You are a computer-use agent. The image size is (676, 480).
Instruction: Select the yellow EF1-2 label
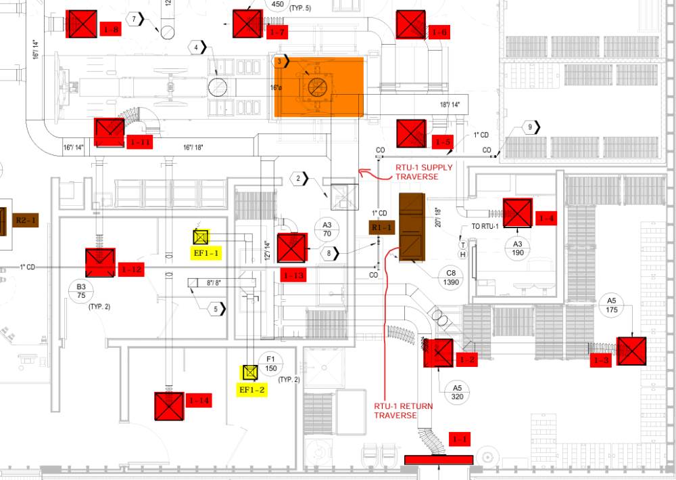tap(251, 389)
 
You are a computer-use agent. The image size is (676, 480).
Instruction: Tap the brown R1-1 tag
tap(380, 228)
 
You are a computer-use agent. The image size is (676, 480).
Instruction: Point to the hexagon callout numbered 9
tap(531, 128)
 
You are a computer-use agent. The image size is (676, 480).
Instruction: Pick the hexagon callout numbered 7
tap(137, 19)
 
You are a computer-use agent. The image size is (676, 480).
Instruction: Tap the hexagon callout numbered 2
tap(301, 179)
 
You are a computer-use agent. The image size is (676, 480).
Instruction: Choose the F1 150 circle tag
tap(271, 364)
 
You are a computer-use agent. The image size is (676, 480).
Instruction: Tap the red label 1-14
tap(199, 401)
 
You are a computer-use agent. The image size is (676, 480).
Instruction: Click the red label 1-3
tap(600, 361)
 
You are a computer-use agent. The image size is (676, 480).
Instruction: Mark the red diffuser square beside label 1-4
tap(517, 213)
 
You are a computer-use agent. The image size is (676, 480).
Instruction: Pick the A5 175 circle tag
tap(612, 305)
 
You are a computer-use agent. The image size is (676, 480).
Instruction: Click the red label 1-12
tap(131, 269)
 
